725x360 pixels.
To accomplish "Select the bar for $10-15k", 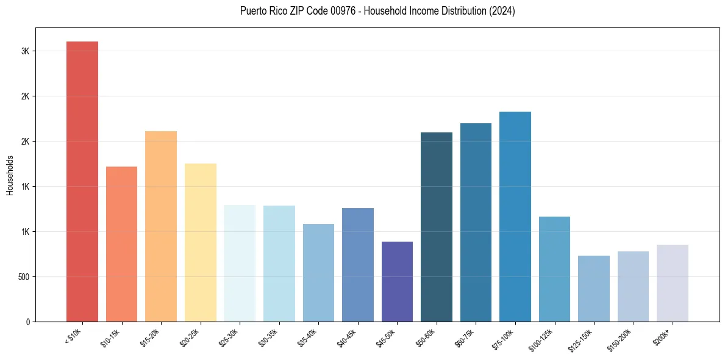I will pyautogui.click(x=121, y=244).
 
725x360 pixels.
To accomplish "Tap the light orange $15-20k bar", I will pyautogui.click(x=161, y=226).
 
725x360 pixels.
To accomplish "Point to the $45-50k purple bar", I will pyautogui.click(x=397, y=281).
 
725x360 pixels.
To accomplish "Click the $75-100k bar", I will pyautogui.click(x=515, y=217).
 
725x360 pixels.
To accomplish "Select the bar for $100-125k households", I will pyautogui.click(x=554, y=269).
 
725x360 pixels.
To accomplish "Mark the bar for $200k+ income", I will pyautogui.click(x=673, y=283).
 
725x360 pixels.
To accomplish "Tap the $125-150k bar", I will pyautogui.click(x=594, y=289).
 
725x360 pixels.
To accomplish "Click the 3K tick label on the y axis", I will pyautogui.click(x=25, y=51).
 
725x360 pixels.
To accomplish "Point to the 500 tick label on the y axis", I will pyautogui.click(x=23, y=277).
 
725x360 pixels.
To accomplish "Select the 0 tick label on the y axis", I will pyautogui.click(x=27, y=322).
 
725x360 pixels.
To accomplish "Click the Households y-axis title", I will pyautogui.click(x=10, y=175).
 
